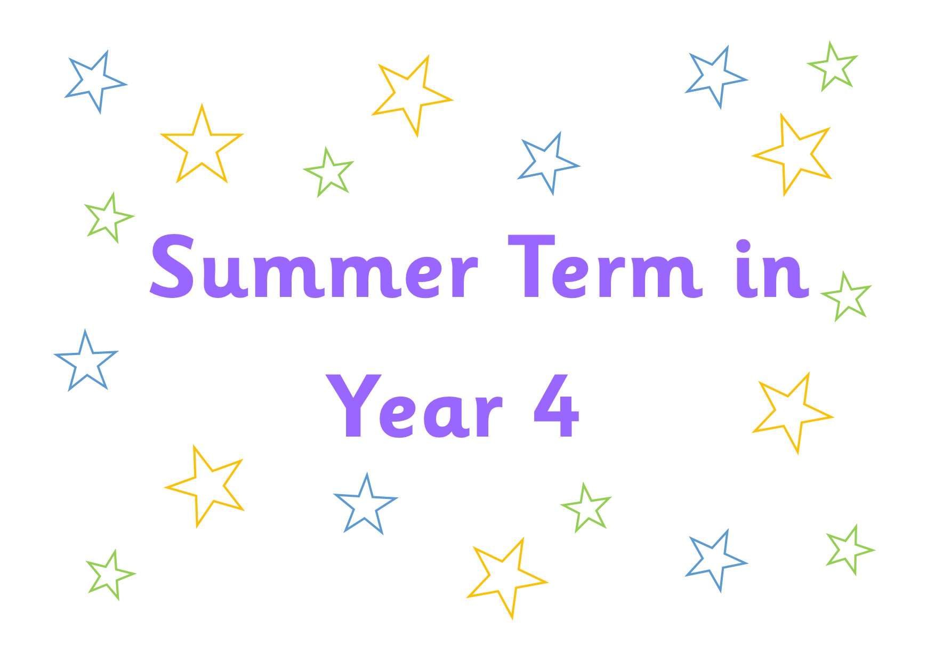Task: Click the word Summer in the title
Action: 313,266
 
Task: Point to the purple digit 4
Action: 557,405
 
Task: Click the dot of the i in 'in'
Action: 743,247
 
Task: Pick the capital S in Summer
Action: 172,266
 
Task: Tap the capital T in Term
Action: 531,265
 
